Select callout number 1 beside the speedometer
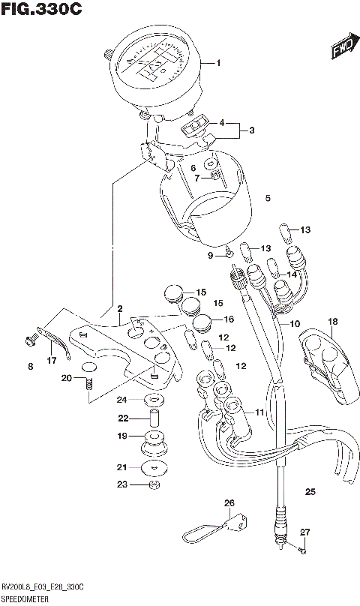(x=219, y=63)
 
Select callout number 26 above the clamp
(x=229, y=502)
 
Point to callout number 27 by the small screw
(x=304, y=532)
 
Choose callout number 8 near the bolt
(x=31, y=366)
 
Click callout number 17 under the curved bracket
(x=51, y=361)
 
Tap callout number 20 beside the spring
(x=67, y=378)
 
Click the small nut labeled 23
(x=154, y=485)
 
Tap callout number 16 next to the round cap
(x=228, y=319)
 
